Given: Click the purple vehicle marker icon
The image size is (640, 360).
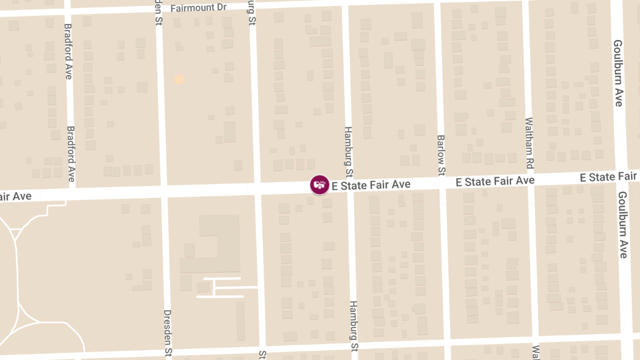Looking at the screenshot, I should click(319, 185).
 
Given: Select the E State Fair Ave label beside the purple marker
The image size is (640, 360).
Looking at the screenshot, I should click(371, 185).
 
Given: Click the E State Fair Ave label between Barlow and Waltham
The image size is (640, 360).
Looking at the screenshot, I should click(495, 181).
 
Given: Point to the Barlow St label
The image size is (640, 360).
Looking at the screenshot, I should click(441, 155).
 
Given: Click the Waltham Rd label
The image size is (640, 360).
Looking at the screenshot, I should click(529, 143).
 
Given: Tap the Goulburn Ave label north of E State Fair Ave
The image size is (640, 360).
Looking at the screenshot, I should click(618, 73).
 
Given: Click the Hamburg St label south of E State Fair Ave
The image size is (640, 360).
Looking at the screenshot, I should click(354, 325).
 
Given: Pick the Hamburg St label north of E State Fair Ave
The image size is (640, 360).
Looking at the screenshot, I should click(348, 152).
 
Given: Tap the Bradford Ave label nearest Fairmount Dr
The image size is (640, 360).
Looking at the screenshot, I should click(68, 51).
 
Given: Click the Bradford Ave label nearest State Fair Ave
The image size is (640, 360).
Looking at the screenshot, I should click(70, 154).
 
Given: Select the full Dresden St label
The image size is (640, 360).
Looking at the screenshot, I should click(167, 334).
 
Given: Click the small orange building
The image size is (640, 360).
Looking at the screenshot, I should click(179, 79).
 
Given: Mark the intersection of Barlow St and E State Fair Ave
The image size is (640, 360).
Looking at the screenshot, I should click(442, 182).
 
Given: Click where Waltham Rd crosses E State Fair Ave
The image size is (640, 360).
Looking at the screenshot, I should click(531, 179).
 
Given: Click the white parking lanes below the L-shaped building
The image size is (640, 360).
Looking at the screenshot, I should click(220, 287).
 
